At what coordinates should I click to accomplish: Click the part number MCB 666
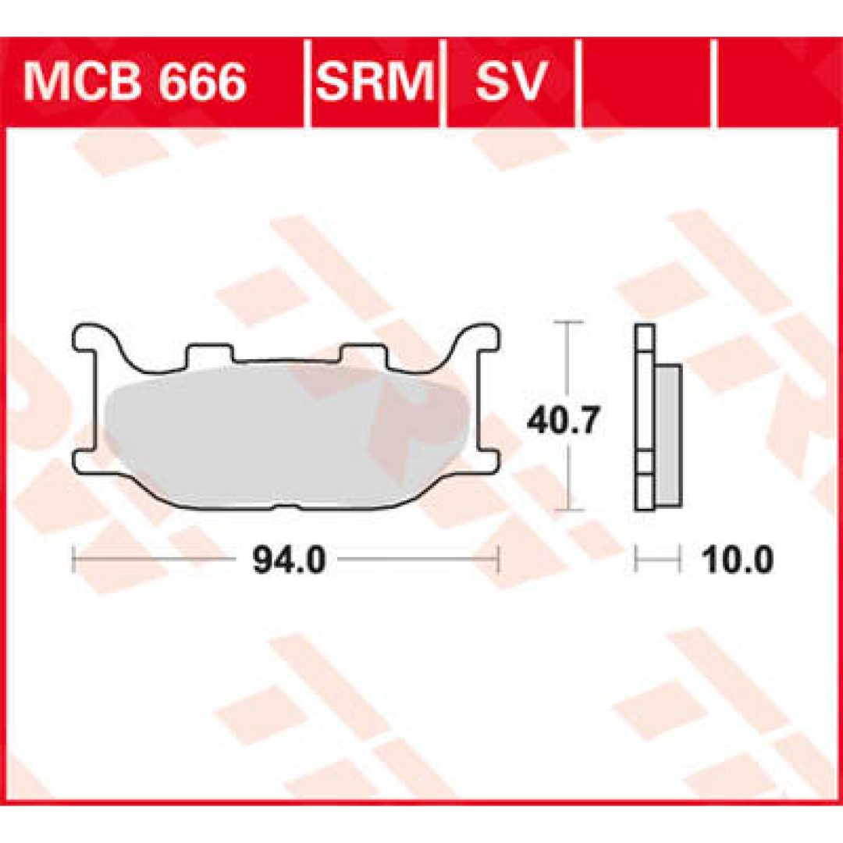click(134, 82)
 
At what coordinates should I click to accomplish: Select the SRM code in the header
click(374, 82)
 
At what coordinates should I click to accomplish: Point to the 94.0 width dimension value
click(290, 560)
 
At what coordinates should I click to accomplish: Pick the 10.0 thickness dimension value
click(738, 560)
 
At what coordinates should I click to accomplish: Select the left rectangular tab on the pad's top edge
click(210, 353)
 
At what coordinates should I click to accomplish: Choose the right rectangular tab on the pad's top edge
click(365, 353)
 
